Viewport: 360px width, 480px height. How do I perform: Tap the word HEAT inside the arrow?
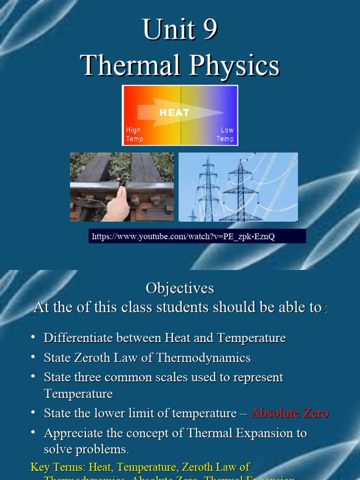point(174,112)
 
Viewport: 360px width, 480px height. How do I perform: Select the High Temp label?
point(134,135)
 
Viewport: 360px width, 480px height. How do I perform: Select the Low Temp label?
point(225,135)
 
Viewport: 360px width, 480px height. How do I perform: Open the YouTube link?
point(183,236)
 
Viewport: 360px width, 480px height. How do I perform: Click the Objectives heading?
point(180,288)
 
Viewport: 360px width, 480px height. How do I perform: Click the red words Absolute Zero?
point(290,413)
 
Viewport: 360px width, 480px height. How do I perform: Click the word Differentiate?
point(80,338)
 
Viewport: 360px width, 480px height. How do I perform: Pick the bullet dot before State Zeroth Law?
point(33,357)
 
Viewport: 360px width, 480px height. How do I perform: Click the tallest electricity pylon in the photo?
point(242,187)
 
